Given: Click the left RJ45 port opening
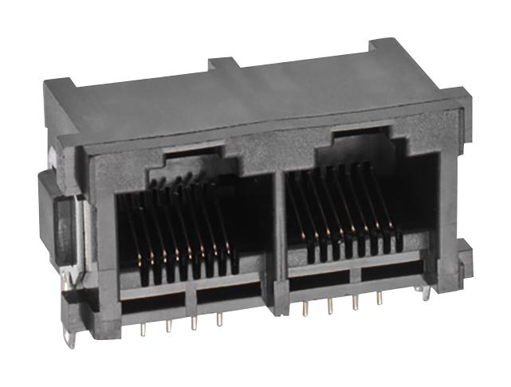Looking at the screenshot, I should (x=187, y=231).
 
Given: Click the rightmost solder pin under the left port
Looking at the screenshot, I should (x=218, y=320).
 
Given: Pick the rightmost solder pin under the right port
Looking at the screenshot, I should (x=379, y=299).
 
